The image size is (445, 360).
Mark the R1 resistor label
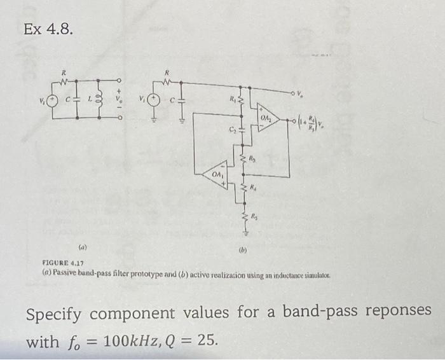pyautogui.click(x=233, y=99)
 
